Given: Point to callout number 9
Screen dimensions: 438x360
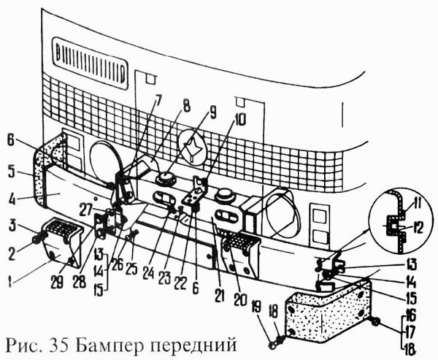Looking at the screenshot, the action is click(x=213, y=112).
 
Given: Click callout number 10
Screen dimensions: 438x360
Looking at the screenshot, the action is click(x=239, y=120).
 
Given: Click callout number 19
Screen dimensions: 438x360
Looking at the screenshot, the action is click(x=258, y=306).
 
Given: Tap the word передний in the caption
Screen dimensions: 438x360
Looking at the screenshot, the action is click(x=194, y=345).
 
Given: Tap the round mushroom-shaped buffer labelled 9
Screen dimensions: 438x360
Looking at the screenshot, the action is click(x=166, y=178).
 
